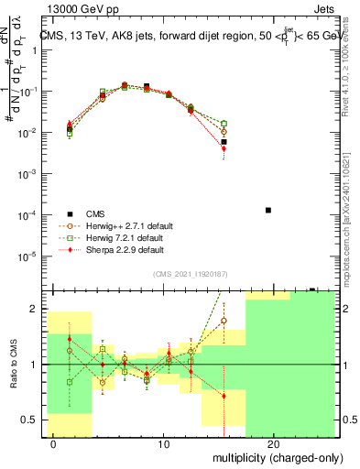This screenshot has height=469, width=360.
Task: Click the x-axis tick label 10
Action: coord(164,444)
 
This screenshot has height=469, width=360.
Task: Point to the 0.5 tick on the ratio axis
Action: coord(28,420)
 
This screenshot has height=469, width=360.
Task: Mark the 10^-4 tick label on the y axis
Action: coord(27,214)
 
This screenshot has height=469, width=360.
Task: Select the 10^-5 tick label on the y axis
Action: coord(27,256)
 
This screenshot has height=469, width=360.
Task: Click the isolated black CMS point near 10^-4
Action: coord(267,210)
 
